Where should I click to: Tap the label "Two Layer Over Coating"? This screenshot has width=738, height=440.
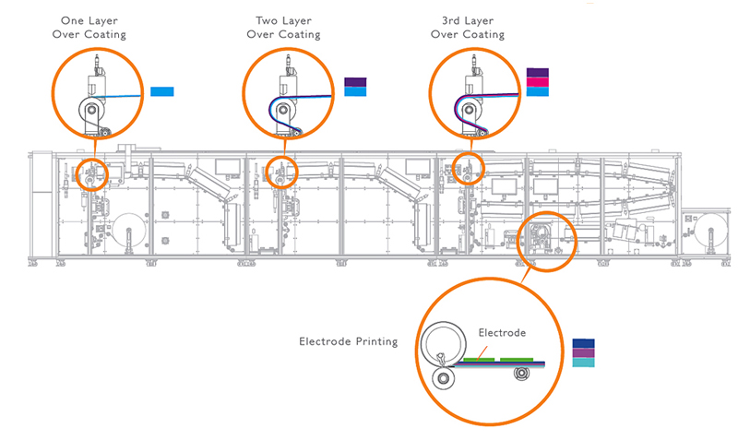click(x=283, y=27)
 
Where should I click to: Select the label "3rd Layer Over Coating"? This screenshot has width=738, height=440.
click(x=468, y=27)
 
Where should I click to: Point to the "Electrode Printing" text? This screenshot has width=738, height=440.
click(x=348, y=341)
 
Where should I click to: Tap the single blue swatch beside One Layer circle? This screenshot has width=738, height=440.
click(x=162, y=91)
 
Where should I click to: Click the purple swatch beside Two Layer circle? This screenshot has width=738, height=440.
click(x=355, y=82)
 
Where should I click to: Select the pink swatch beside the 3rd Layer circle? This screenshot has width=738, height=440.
click(x=538, y=81)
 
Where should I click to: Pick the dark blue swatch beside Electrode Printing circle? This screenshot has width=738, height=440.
click(x=583, y=342)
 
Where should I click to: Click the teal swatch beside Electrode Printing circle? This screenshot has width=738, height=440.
click(x=583, y=363)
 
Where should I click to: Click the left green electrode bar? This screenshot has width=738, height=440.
click(x=478, y=357)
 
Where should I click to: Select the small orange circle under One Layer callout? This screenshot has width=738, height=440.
click(x=91, y=172)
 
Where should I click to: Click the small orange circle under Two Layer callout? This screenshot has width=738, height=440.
click(x=281, y=172)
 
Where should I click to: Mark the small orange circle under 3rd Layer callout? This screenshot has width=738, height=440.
click(x=469, y=169)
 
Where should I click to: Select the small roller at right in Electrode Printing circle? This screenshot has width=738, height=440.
click(x=522, y=374)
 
